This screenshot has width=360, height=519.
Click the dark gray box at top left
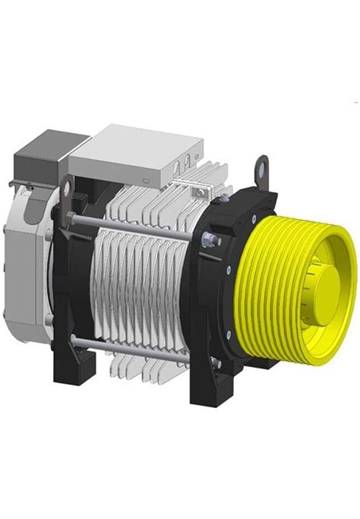coord(37,157)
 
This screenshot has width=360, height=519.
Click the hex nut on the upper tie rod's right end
coord(208,242)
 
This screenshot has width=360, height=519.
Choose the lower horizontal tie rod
coord(137,347)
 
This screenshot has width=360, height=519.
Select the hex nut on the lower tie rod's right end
coord(215,364)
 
